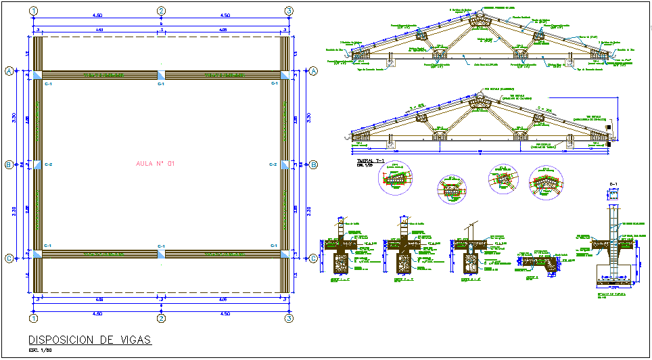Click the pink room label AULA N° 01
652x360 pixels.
tap(156, 164)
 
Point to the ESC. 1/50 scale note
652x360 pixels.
tap(40, 351)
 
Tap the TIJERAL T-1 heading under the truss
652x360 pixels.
tap(370, 160)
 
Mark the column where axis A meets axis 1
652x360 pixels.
tap(37, 75)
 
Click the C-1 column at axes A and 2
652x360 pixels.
tap(161, 75)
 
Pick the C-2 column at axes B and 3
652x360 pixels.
tap(284, 164)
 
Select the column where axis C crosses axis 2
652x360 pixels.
tap(161, 254)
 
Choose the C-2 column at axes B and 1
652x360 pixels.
tap(37, 164)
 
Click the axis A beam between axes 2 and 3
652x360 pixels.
tap(223, 75)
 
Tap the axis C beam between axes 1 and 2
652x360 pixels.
tap(99, 254)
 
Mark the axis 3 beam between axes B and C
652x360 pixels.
tap(285, 209)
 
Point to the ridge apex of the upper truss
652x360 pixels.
tap(480, 13)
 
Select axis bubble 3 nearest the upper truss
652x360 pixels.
tap(289, 11)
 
